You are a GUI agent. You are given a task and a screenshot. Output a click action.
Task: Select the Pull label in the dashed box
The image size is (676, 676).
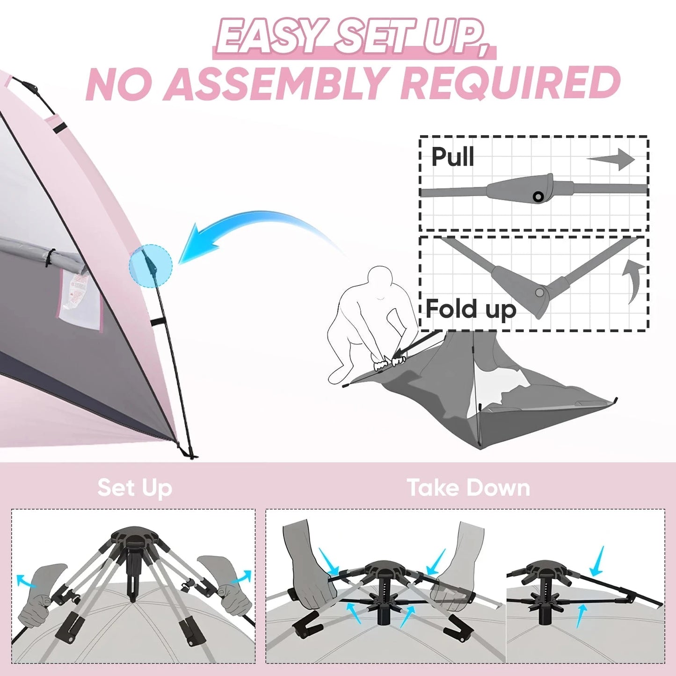[x=452, y=157]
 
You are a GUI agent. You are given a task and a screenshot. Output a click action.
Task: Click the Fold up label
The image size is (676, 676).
[x=471, y=309]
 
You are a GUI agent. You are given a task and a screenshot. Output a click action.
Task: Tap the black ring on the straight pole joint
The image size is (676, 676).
[x=538, y=196]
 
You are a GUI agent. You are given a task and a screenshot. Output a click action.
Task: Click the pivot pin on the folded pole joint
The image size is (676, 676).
[x=539, y=293]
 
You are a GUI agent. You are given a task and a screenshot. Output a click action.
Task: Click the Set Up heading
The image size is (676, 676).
[x=135, y=488]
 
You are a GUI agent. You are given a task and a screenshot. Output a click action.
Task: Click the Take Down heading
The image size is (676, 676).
[x=468, y=488]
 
